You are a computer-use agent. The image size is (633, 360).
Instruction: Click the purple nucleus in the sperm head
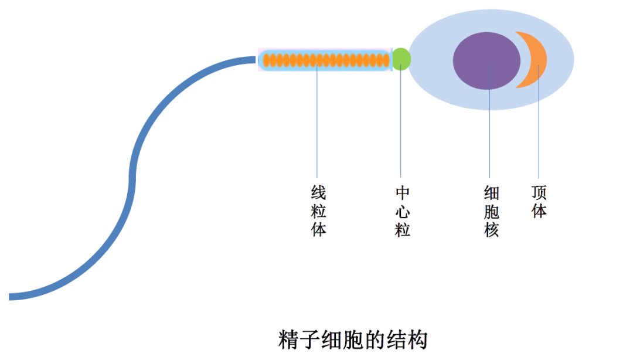pos(486,61)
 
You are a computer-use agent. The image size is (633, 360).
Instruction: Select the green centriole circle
pos(401,59)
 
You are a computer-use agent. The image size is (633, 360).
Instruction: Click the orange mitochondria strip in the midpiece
pos(326,60)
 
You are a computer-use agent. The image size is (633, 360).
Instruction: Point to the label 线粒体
pos(318,211)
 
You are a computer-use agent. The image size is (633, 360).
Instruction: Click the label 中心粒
pos(403,211)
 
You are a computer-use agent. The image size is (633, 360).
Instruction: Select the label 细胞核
pos(491,211)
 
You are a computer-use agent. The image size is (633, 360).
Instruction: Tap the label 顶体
pos(539,202)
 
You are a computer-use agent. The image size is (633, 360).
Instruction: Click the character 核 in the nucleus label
pos(491,230)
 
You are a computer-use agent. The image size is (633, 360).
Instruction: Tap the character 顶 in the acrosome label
pos(539,192)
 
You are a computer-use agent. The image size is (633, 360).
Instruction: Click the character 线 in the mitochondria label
pos(318,193)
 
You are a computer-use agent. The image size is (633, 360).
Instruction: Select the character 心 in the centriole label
pos(403,211)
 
